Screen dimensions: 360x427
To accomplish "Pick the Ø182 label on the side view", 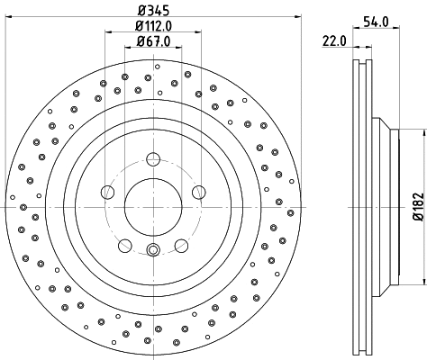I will (417, 205).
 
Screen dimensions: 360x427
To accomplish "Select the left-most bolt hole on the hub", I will (108, 192).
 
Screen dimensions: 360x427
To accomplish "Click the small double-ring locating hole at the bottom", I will (152, 250).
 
